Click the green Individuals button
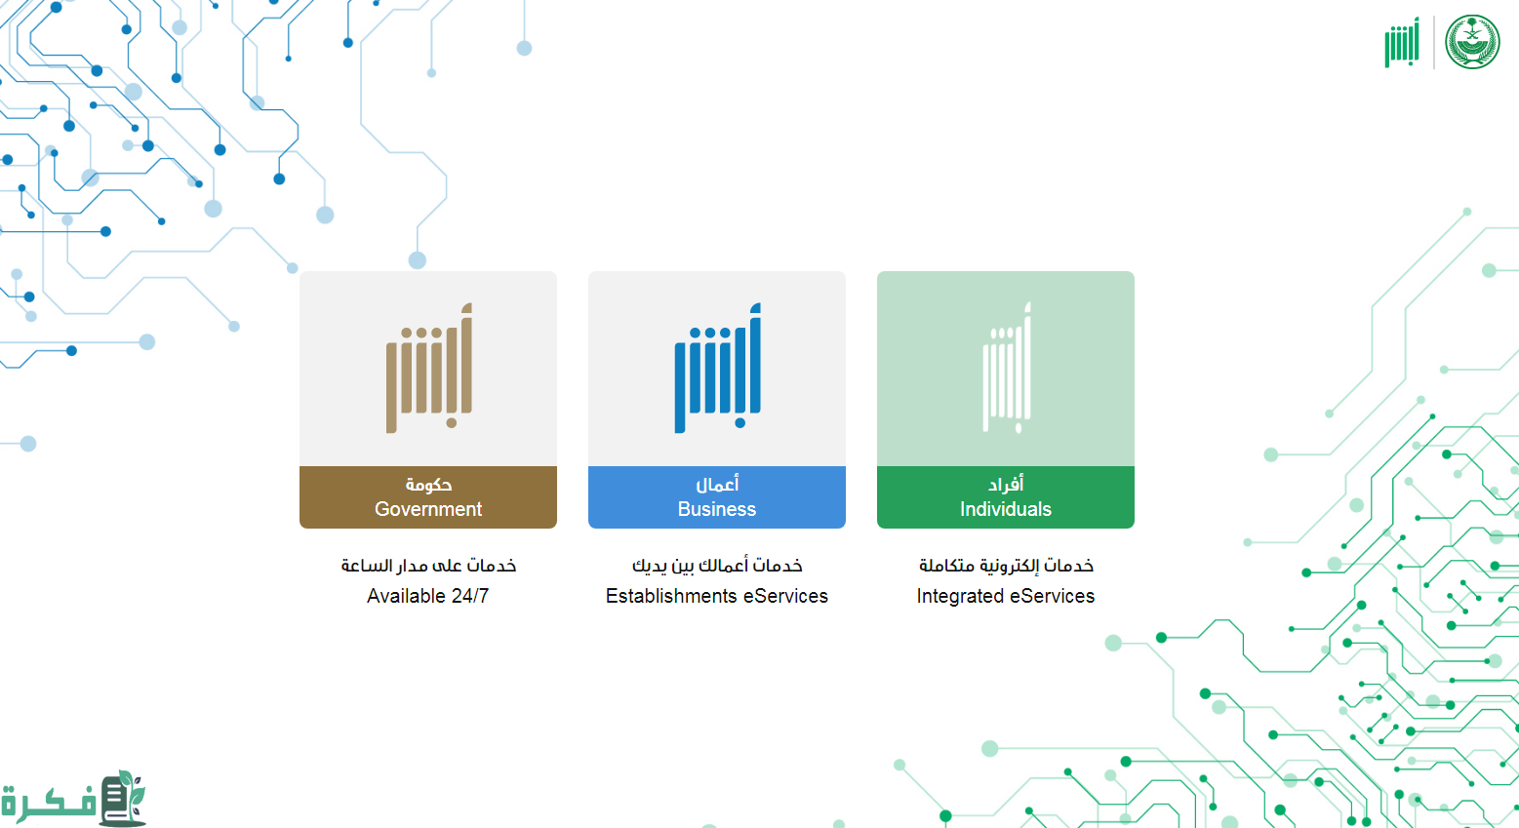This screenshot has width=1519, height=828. pyautogui.click(x=1005, y=497)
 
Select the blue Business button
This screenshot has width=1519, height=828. pyautogui.click(x=717, y=497)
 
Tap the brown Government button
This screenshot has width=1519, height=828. pyautogui.click(x=428, y=497)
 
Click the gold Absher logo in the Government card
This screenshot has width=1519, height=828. pyautogui.click(x=429, y=368)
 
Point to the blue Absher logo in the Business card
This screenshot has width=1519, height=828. pyautogui.click(x=717, y=368)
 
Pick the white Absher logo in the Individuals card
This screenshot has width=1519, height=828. pyautogui.click(x=1007, y=368)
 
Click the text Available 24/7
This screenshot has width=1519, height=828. pyautogui.click(x=428, y=596)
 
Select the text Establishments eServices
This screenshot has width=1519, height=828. pyautogui.click(x=717, y=596)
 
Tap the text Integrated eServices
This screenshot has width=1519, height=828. pyautogui.click(x=1006, y=596)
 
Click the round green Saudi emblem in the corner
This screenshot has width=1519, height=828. pyautogui.click(x=1472, y=42)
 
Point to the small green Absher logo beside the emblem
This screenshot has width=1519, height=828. pyautogui.click(x=1401, y=42)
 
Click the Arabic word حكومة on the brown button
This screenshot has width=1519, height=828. pyautogui.click(x=428, y=484)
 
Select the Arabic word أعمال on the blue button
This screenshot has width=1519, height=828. pyautogui.click(x=717, y=484)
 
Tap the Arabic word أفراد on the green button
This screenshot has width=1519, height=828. pyautogui.click(x=1006, y=484)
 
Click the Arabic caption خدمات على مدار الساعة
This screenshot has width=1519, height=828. pyautogui.click(x=428, y=566)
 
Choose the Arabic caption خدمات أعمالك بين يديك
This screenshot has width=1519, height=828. pyautogui.click(x=717, y=566)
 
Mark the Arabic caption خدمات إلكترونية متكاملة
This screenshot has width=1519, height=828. pyautogui.click(x=1006, y=566)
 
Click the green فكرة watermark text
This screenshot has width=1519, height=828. pyautogui.click(x=49, y=803)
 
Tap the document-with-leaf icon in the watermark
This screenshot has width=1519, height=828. pyautogui.click(x=123, y=798)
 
